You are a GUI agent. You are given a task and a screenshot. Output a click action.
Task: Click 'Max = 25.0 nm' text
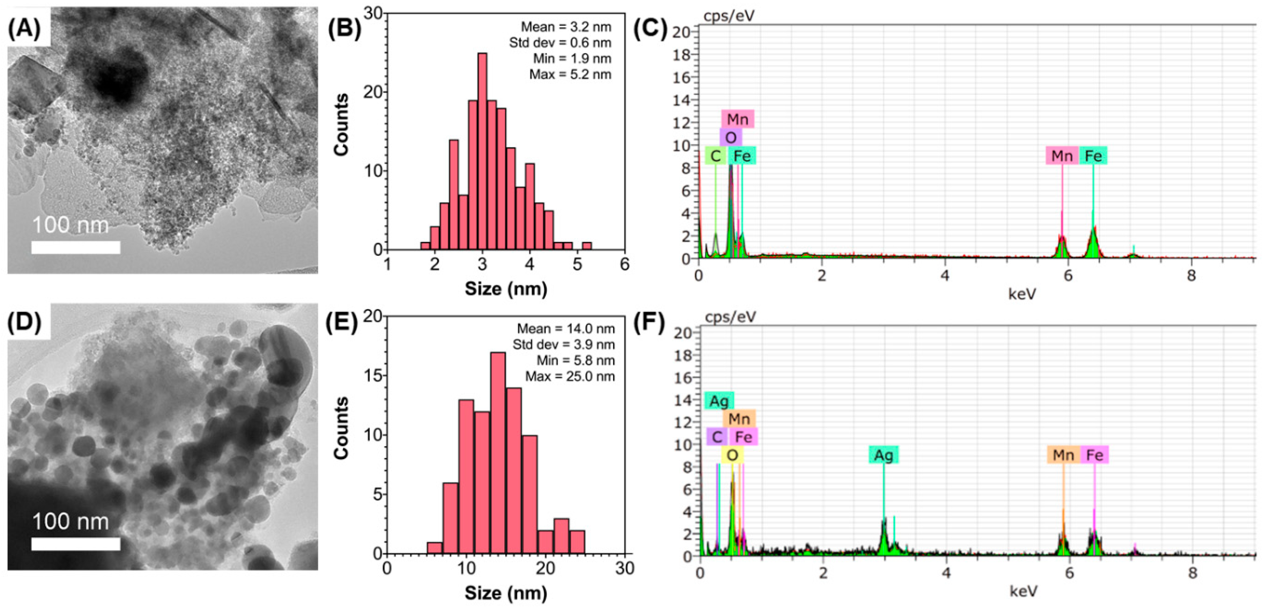pos(570,376)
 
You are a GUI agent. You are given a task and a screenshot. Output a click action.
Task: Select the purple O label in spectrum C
pos(731,137)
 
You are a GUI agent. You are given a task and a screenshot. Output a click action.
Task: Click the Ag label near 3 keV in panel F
pos(883,455)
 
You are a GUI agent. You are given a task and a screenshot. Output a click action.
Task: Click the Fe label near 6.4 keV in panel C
pos(1093,156)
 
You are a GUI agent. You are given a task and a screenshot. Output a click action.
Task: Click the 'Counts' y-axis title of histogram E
pos(341,428)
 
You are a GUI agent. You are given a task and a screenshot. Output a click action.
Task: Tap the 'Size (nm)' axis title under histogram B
pos(506,289)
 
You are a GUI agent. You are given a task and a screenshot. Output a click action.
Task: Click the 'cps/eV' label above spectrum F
pos(730,317)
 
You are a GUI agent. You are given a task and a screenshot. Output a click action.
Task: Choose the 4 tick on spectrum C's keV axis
pos(945,275)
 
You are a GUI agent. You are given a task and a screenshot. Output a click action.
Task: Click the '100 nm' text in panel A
pos(70,226)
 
